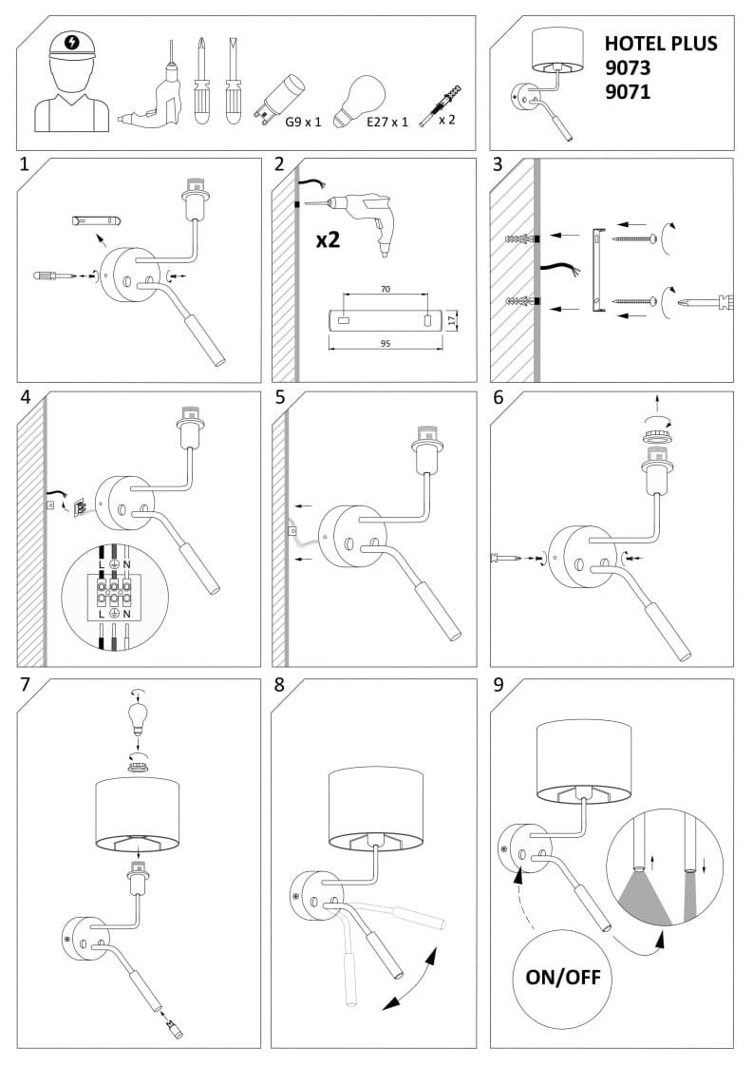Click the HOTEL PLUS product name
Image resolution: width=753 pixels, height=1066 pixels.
661,44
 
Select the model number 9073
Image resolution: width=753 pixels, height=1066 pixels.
628,68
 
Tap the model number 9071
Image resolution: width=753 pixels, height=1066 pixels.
628,92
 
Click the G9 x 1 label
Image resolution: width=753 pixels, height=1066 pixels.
304,123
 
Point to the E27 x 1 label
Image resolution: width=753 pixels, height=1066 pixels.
386,123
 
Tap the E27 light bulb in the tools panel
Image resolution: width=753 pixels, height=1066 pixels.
362,98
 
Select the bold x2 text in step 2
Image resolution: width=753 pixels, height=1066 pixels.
328,239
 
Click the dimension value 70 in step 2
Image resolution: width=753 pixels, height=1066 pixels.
385,288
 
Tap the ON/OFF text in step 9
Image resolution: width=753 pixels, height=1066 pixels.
563,977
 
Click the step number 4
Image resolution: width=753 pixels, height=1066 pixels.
27,398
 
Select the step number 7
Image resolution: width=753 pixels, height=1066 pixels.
26,684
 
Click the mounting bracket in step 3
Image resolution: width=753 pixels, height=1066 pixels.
597,271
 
